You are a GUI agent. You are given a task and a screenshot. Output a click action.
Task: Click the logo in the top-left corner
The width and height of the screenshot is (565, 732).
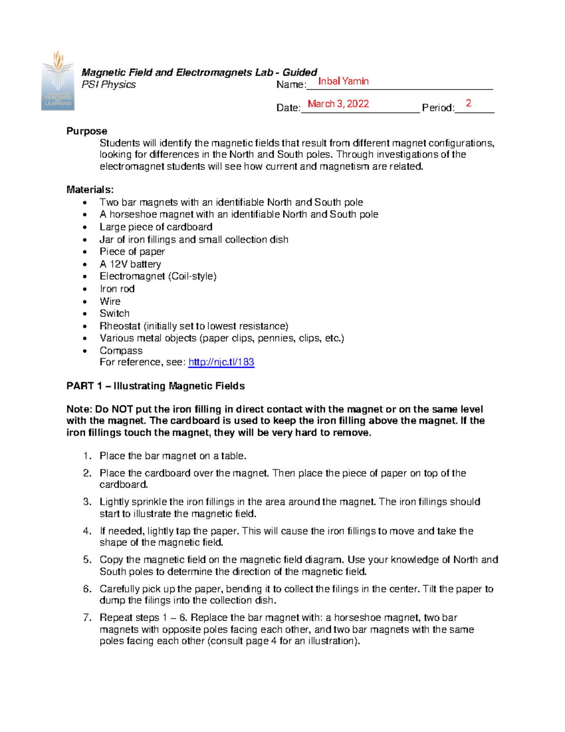pyautogui.click(x=57, y=81)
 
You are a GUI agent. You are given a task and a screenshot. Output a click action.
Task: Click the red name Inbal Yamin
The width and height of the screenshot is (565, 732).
pyautogui.click(x=343, y=81)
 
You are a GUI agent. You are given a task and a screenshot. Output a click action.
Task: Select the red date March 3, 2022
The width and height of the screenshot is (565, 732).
pyautogui.click(x=338, y=104)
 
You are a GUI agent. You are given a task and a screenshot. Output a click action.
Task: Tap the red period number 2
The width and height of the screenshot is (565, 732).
pyautogui.click(x=468, y=103)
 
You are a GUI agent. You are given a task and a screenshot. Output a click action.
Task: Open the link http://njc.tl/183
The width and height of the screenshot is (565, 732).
pyautogui.click(x=221, y=362)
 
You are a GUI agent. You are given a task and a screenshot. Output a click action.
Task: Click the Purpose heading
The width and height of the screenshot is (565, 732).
pyautogui.click(x=87, y=131)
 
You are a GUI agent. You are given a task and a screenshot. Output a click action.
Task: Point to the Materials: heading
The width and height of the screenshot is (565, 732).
pyautogui.click(x=90, y=189)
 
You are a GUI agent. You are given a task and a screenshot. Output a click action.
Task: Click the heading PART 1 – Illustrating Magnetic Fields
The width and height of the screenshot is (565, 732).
pyautogui.click(x=155, y=386)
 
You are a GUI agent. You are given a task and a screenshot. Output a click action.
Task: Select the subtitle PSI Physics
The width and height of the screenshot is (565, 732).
pyautogui.click(x=108, y=84)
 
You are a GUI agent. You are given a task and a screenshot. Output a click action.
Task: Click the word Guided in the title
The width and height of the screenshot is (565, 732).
pyautogui.click(x=299, y=72)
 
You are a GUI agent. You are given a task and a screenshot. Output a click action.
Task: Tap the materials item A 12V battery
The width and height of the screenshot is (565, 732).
pyautogui.click(x=130, y=264)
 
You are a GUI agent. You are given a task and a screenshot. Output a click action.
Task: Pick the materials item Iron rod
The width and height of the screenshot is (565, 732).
pyautogui.click(x=117, y=288)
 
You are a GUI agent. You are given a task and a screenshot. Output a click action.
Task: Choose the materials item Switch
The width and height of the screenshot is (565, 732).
pyautogui.click(x=114, y=313)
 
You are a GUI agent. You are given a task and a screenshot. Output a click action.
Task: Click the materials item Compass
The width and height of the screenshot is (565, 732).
pyautogui.click(x=121, y=351)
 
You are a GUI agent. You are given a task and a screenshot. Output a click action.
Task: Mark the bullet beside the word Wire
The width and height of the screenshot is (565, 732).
pyautogui.click(x=85, y=302)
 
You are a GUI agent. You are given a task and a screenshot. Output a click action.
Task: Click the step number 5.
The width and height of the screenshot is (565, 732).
pyautogui.click(x=87, y=559)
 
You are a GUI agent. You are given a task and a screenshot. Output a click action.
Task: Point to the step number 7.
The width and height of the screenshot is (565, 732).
pyautogui.click(x=87, y=617)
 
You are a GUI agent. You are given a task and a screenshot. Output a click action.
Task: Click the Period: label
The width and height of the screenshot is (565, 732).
pyautogui.click(x=438, y=108)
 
